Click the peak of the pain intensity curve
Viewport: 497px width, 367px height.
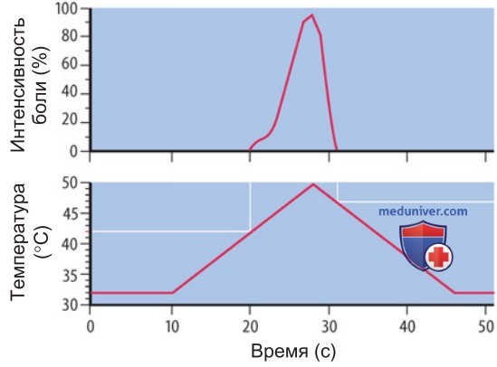pos(312,14)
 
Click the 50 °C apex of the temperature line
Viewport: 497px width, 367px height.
pos(313,183)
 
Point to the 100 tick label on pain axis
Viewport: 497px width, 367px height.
pos(67,9)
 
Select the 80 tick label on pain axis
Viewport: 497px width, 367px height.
pos(70,36)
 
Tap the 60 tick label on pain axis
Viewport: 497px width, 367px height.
pos(70,65)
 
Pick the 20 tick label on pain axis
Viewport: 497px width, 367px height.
pos(70,123)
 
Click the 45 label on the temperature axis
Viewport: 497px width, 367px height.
pos(70,213)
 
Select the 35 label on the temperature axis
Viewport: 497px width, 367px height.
pos(70,275)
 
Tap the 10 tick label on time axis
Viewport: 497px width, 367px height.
pos(171,327)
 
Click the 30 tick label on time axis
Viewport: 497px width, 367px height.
pos(329,327)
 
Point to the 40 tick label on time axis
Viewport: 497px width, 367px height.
pos(407,327)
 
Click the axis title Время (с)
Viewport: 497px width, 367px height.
pos(293,352)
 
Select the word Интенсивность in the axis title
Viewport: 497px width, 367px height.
pos(18,85)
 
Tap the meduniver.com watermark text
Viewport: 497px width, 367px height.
pos(423,212)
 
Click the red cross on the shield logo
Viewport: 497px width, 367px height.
pos(438,257)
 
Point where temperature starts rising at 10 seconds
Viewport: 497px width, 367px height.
pos(172,293)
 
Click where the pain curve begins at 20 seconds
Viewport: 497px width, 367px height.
pos(250,150)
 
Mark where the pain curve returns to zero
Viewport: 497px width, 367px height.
pos(336,150)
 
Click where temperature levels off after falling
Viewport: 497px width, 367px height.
pos(454,293)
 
